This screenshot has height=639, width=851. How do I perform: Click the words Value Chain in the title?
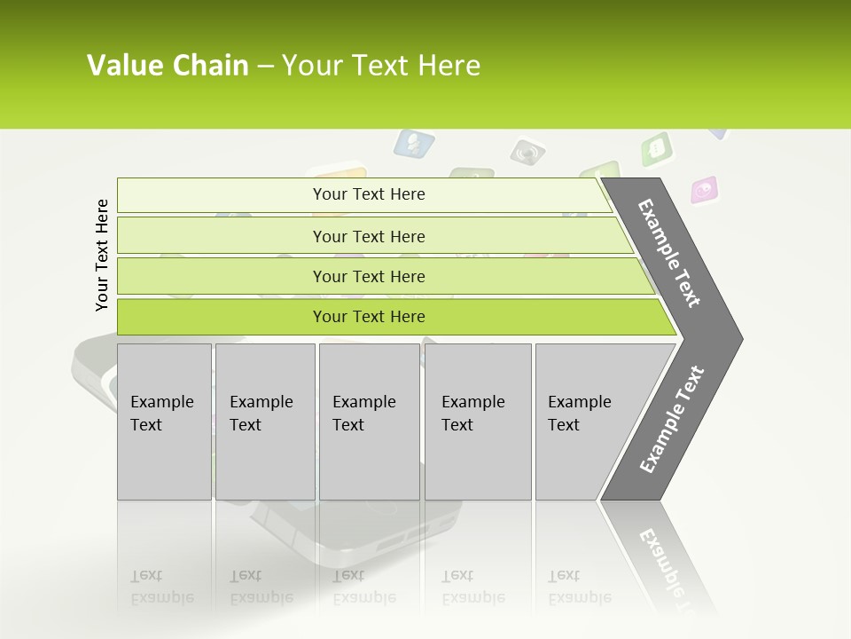point(168,66)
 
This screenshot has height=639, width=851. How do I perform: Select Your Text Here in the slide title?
point(381,66)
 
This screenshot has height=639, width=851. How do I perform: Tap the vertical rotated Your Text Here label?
point(102,255)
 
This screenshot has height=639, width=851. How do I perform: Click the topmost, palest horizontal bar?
point(368,194)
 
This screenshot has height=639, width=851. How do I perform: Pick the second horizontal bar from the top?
point(368,236)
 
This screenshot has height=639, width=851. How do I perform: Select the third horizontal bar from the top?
point(368,276)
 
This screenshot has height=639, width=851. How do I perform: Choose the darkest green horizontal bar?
point(368,317)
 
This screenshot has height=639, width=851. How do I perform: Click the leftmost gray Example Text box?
point(164,422)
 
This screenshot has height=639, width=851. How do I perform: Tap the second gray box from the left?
point(264,422)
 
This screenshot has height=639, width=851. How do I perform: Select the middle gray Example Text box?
point(369,422)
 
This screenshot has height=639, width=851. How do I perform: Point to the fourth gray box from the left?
point(478,422)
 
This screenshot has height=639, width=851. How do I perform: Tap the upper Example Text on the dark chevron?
point(669,253)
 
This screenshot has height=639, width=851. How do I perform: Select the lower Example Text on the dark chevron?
point(672,420)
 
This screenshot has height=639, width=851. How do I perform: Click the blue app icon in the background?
point(414,143)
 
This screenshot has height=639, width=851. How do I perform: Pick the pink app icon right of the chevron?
point(705,189)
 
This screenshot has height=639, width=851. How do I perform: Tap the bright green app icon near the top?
point(657,148)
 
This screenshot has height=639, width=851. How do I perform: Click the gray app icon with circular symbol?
point(527,152)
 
